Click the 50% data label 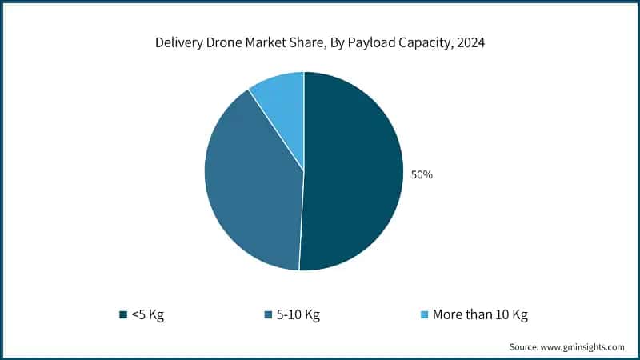422,174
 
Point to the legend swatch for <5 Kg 122,314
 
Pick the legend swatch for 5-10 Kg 266,314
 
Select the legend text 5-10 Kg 298,314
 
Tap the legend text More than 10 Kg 480,314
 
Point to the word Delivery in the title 180,44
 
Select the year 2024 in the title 470,44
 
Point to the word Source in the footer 525,347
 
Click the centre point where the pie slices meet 304,170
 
